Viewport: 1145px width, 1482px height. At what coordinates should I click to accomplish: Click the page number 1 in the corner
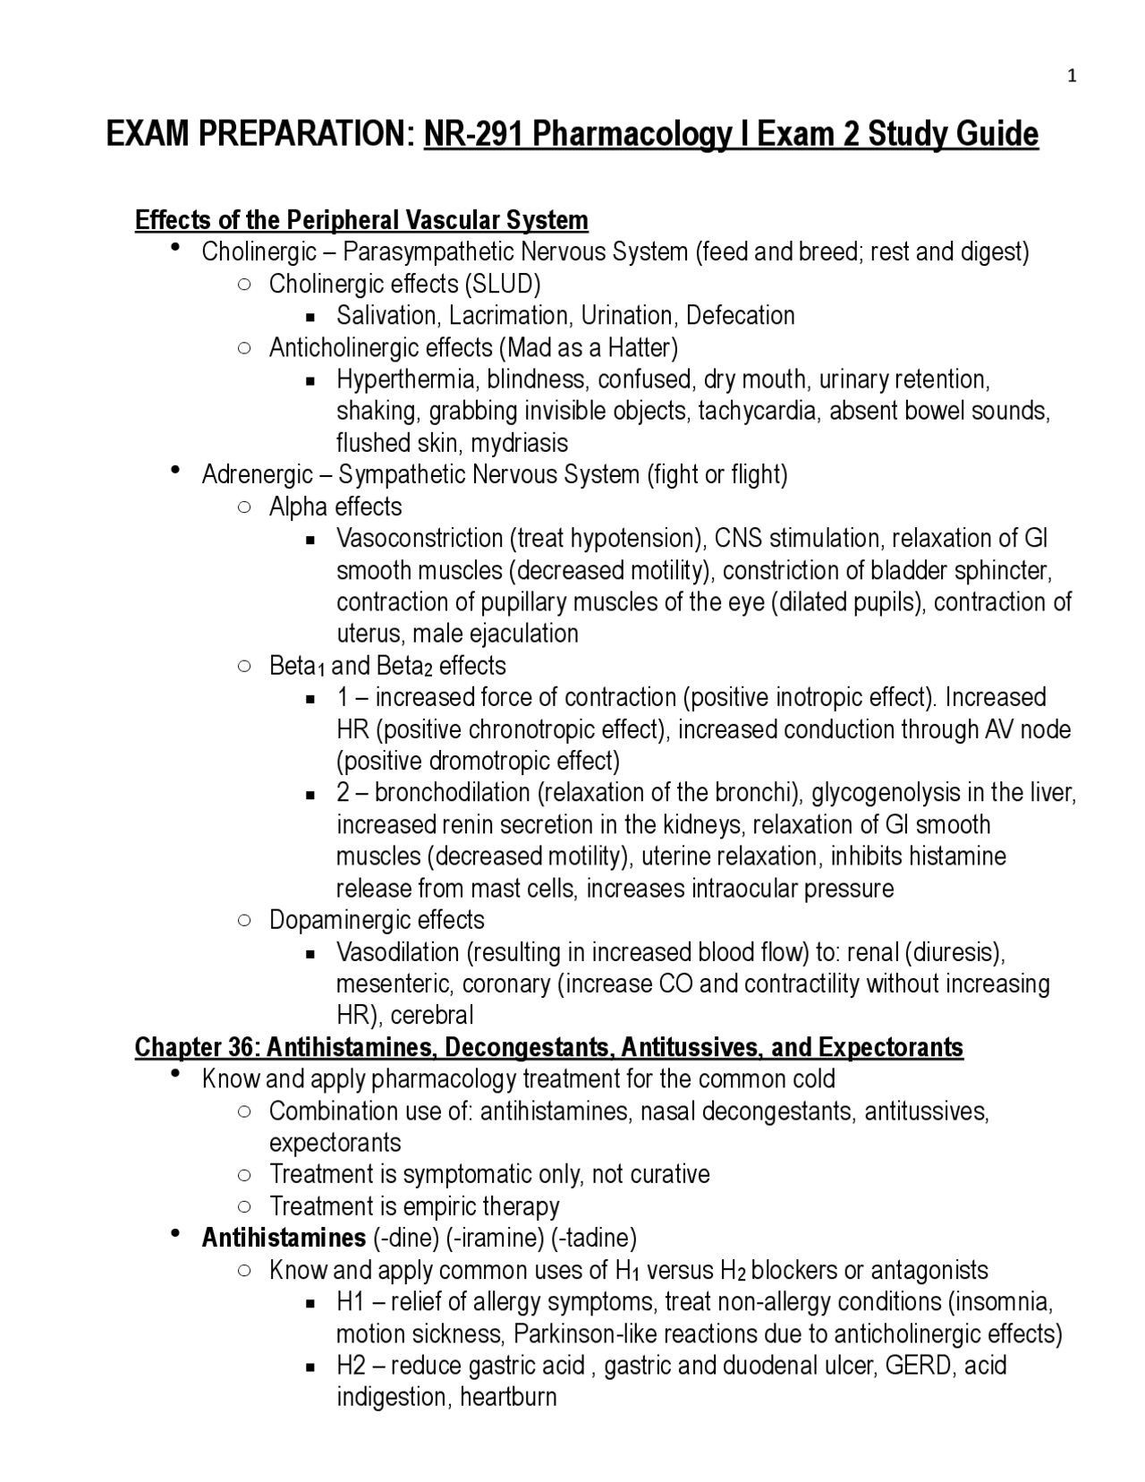pos(1072,77)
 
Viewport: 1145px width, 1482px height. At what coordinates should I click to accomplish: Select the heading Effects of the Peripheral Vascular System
pos(361,220)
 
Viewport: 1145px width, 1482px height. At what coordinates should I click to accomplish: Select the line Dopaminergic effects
pos(377,920)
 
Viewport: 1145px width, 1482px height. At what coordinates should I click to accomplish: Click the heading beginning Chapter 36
pos(548,1047)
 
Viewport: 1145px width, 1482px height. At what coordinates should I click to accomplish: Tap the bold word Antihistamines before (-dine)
pos(284,1238)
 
